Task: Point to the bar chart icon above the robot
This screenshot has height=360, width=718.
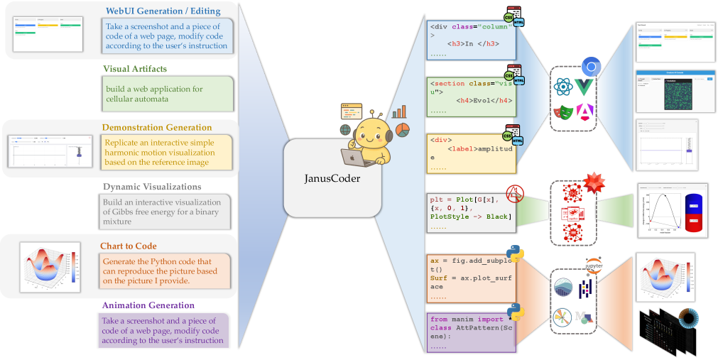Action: point(399,111)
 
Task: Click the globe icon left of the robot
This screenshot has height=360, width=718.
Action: point(345,130)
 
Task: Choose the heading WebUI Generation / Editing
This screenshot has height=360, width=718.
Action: point(163,11)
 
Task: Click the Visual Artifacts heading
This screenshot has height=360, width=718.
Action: point(136,69)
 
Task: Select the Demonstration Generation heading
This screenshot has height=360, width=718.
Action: point(157,128)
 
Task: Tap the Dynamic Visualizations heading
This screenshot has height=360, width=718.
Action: point(152,187)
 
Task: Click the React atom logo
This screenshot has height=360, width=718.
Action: point(565,88)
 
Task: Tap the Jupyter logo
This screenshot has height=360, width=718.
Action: point(594,266)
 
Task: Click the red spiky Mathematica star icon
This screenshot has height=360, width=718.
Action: point(593,184)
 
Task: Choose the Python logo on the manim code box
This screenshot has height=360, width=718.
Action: point(514,312)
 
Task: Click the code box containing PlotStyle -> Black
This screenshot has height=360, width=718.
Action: point(470,211)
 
